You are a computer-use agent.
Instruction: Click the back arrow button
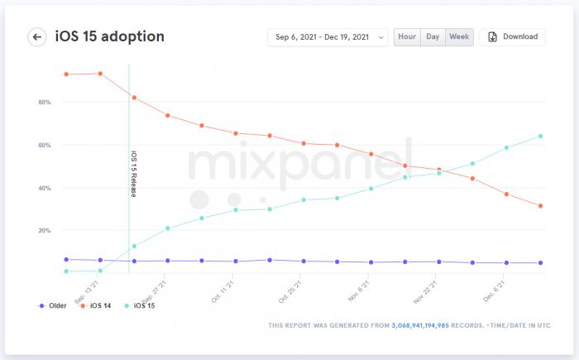pyautogui.click(x=37, y=37)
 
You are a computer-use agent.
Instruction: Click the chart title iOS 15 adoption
pyautogui.click(x=109, y=36)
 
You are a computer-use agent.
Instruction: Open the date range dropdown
pyautogui.click(x=328, y=37)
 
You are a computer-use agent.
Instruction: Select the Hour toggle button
pyautogui.click(x=406, y=37)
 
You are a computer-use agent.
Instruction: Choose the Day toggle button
pyautogui.click(x=433, y=37)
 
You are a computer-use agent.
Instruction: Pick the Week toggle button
pyautogui.click(x=459, y=37)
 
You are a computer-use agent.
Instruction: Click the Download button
pyautogui.click(x=512, y=37)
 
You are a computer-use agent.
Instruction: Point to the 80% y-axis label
pyautogui.click(x=44, y=103)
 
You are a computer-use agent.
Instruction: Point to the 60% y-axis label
pyautogui.click(x=44, y=146)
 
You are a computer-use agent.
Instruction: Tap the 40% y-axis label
pyautogui.click(x=44, y=189)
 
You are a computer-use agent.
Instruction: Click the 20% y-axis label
pyautogui.click(x=44, y=231)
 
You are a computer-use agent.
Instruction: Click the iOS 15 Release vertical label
pyautogui.click(x=134, y=174)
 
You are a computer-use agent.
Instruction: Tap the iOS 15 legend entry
pyautogui.click(x=140, y=306)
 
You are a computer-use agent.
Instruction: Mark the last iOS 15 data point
pyautogui.click(x=540, y=136)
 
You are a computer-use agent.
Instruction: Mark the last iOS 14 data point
pyautogui.click(x=540, y=206)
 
